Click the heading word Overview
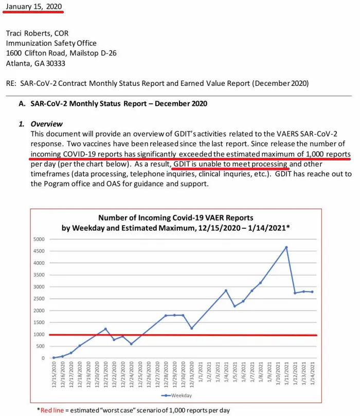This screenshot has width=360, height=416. click(47, 124)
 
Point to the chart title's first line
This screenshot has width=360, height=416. click(176, 218)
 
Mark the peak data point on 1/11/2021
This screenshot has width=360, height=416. click(286, 247)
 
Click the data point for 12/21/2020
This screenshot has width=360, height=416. click(105, 329)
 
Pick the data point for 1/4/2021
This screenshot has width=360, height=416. click(226, 291)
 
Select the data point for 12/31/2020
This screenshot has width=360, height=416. click(191, 328)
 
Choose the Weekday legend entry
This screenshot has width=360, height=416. click(176, 395)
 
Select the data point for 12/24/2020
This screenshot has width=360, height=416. click(131, 344)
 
